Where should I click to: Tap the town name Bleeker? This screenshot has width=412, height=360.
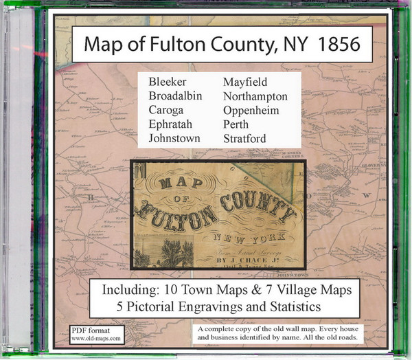point(167,83)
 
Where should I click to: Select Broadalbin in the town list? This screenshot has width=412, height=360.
point(176,97)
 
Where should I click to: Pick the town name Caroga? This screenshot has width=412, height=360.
point(167,111)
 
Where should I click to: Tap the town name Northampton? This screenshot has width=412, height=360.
point(255,97)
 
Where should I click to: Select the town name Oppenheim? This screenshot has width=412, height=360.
point(252,111)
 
